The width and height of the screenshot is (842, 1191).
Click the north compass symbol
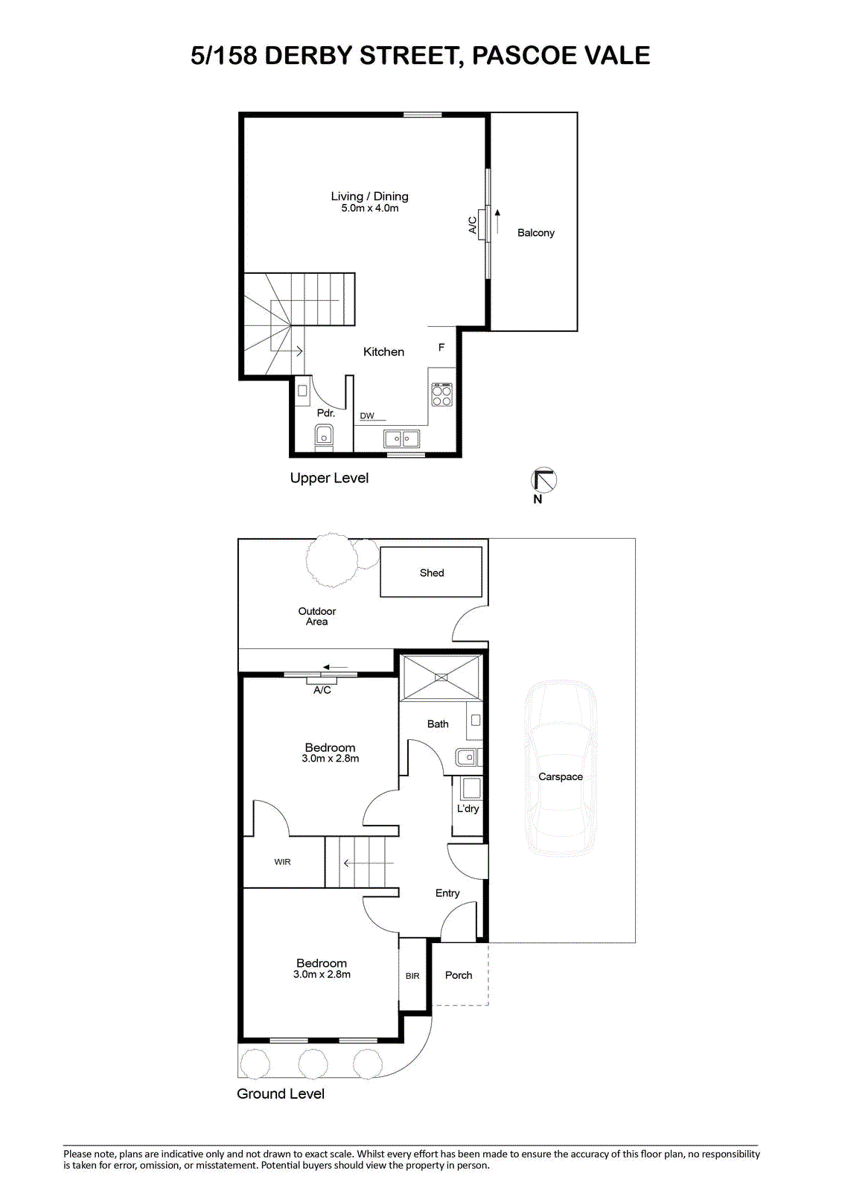(543, 479)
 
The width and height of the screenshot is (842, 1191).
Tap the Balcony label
(535, 233)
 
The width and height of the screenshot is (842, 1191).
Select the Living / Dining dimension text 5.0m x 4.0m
(370, 208)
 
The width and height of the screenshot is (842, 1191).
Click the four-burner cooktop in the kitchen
(441, 395)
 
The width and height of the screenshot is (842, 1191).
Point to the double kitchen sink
(401, 438)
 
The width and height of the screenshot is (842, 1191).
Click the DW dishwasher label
(367, 416)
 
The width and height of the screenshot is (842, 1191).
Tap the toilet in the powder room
(324, 437)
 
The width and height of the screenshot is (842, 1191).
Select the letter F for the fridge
(441, 347)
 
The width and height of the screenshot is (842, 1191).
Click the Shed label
(431, 573)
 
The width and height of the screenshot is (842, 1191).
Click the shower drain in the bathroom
(441, 677)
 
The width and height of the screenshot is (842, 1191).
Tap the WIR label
(282, 862)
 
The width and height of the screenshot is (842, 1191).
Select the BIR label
(412, 976)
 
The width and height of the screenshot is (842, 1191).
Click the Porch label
(459, 975)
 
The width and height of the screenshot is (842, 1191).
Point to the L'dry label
(468, 808)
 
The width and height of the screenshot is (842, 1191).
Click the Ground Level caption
(281, 1093)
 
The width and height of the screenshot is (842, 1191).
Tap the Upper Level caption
(329, 478)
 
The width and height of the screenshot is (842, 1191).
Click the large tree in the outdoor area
(331, 560)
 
